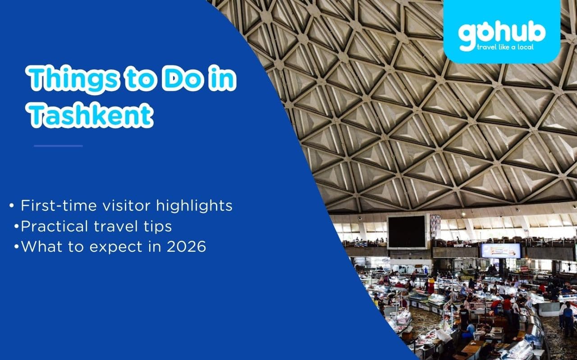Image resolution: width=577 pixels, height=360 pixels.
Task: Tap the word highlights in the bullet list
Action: click(195, 206)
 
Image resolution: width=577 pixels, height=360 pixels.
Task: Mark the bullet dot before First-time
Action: click(11, 206)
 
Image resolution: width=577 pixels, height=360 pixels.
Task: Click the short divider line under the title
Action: click(58, 146)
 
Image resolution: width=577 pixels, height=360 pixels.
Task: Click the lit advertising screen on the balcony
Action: click(500, 251)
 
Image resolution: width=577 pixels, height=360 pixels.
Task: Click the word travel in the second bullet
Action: click(116, 226)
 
